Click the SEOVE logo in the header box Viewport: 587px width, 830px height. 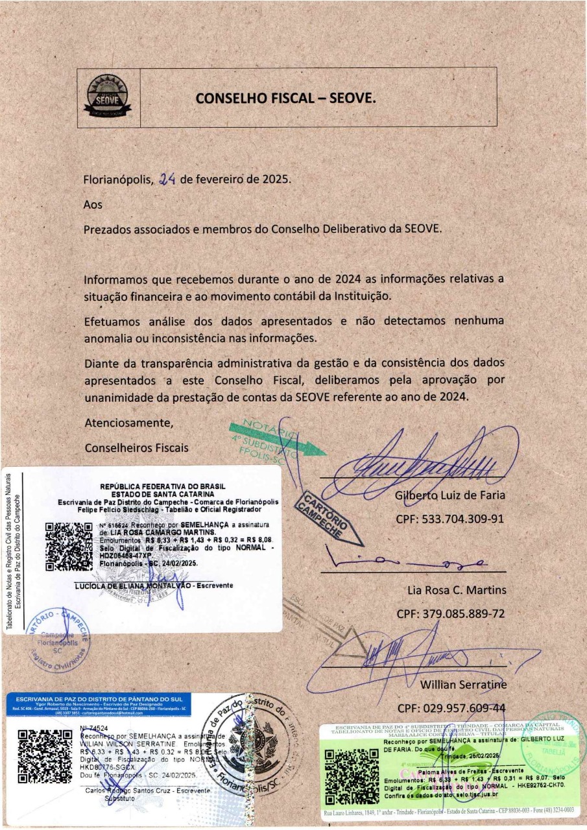click(x=109, y=97)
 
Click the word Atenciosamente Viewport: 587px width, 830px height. click(x=129, y=423)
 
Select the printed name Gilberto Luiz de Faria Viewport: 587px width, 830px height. click(x=450, y=495)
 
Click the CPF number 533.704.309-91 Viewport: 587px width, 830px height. click(x=450, y=519)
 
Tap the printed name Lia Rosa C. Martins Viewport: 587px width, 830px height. click(x=457, y=590)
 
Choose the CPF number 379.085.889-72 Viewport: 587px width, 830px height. click(x=450, y=613)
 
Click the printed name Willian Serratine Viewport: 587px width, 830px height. click(x=462, y=684)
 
